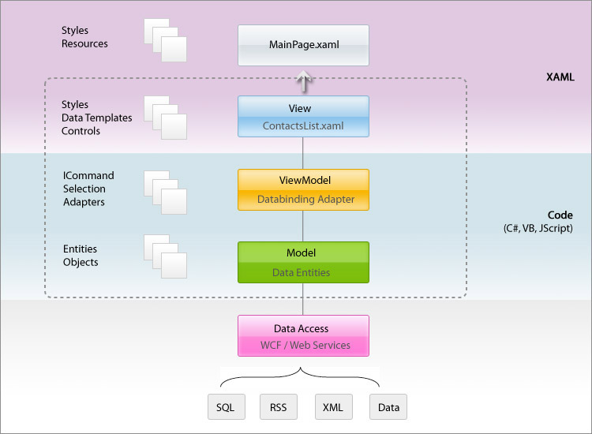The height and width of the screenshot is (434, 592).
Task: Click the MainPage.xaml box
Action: click(303, 45)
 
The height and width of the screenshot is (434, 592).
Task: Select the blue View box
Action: click(303, 116)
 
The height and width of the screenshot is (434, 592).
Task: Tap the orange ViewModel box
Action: click(303, 189)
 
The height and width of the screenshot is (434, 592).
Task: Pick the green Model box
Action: click(303, 262)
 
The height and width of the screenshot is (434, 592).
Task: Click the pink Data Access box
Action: click(303, 335)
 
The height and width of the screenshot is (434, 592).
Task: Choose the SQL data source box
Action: click(227, 407)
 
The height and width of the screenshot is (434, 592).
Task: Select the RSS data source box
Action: click(279, 407)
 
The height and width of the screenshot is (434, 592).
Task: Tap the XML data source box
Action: click(334, 407)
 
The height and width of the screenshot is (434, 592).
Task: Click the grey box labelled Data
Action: click(388, 407)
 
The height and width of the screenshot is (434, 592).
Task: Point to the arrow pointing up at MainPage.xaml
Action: click(303, 81)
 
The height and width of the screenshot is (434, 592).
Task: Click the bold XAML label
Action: click(560, 77)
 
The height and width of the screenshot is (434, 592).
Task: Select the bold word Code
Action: click(560, 215)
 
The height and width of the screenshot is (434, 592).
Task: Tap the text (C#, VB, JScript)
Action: click(538, 228)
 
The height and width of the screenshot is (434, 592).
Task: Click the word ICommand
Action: click(88, 175)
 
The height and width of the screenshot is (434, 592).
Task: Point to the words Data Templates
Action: click(96, 118)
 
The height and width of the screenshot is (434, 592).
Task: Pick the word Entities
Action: click(80, 249)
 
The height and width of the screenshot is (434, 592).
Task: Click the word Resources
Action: click(84, 43)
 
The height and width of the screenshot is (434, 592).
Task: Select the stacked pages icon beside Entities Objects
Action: click(165, 256)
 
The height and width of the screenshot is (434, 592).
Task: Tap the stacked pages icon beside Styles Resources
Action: click(165, 40)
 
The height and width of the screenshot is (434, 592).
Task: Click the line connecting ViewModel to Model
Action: click(303, 226)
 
